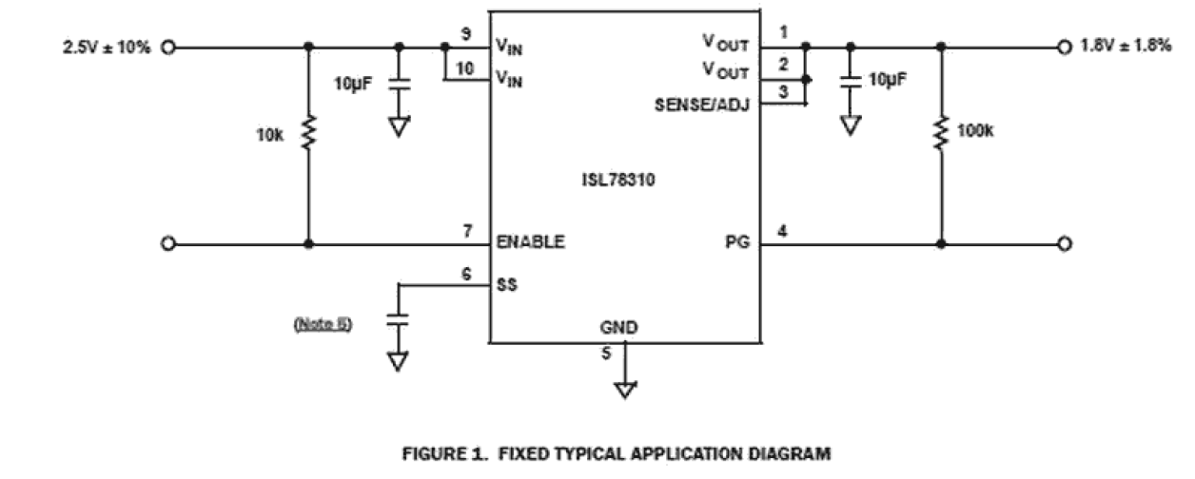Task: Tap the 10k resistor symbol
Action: (307, 132)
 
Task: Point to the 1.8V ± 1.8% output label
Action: (1126, 47)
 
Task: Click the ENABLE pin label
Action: (530, 242)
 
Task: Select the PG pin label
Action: (738, 242)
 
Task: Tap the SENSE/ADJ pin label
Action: (702, 104)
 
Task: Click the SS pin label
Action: (507, 284)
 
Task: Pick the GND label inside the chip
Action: (618, 329)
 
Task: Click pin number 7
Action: (467, 232)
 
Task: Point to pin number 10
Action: (464, 67)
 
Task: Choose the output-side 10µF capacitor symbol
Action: (850, 82)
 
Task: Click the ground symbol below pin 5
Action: (625, 390)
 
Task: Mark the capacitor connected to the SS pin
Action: (399, 320)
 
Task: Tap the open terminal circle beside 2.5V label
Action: (168, 47)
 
